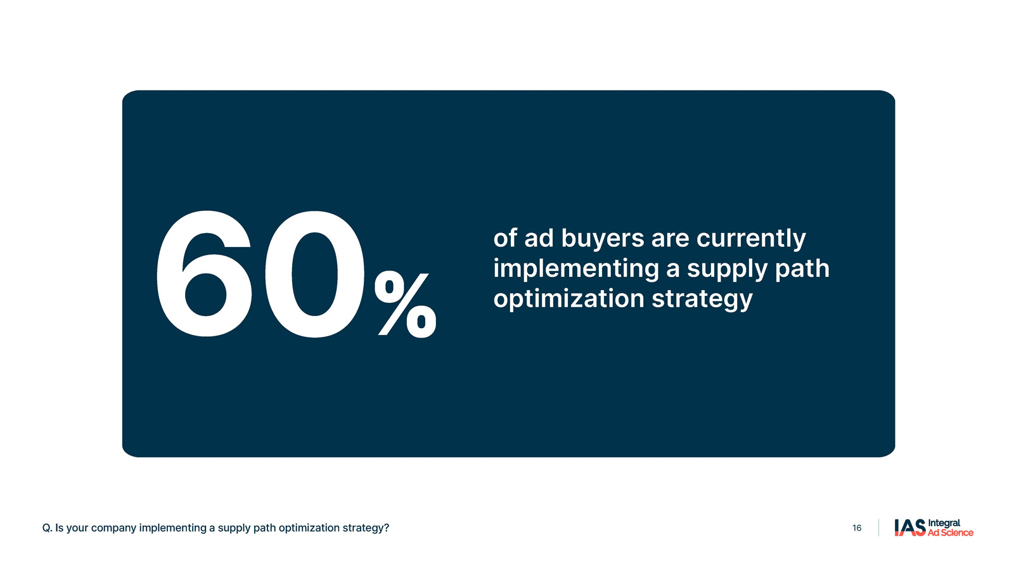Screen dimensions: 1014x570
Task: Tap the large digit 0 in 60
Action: tap(314, 274)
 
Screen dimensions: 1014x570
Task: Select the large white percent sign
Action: tap(405, 305)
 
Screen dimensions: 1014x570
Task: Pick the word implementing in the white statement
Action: tap(576, 269)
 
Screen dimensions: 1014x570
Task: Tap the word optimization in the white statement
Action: tap(568, 298)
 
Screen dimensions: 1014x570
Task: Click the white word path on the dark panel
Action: tap(802, 269)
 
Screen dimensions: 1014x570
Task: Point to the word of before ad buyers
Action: tap(505, 238)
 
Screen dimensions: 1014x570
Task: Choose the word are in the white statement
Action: tap(670, 240)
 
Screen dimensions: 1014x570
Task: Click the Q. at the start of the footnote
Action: tap(47, 528)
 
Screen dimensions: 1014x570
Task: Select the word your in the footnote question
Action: tap(77, 528)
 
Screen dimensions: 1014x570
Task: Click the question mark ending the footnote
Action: tap(387, 528)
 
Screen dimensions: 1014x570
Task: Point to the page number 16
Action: tap(857, 528)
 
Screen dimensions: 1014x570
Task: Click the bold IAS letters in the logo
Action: tap(910, 528)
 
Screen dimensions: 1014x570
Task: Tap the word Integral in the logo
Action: tap(944, 523)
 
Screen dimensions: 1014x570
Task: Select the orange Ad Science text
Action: tap(951, 533)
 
